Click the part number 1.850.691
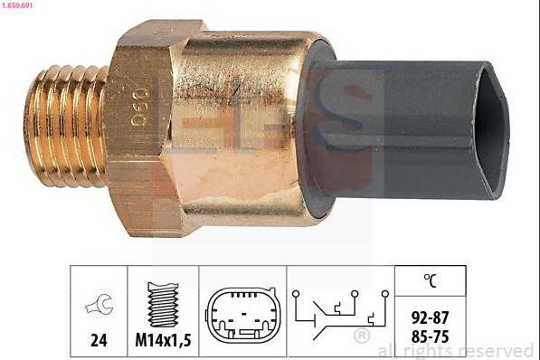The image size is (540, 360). point(17,5)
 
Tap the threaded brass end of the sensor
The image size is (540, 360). point(65,127)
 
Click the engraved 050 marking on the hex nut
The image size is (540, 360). point(138,107)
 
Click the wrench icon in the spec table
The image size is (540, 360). point(99,304)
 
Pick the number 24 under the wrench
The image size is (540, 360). point(99,340)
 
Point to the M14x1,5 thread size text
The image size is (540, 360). point(163,340)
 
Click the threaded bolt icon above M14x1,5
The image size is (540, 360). point(163,305)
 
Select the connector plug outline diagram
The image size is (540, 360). point(242,315)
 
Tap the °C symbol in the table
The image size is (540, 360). point(430,280)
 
